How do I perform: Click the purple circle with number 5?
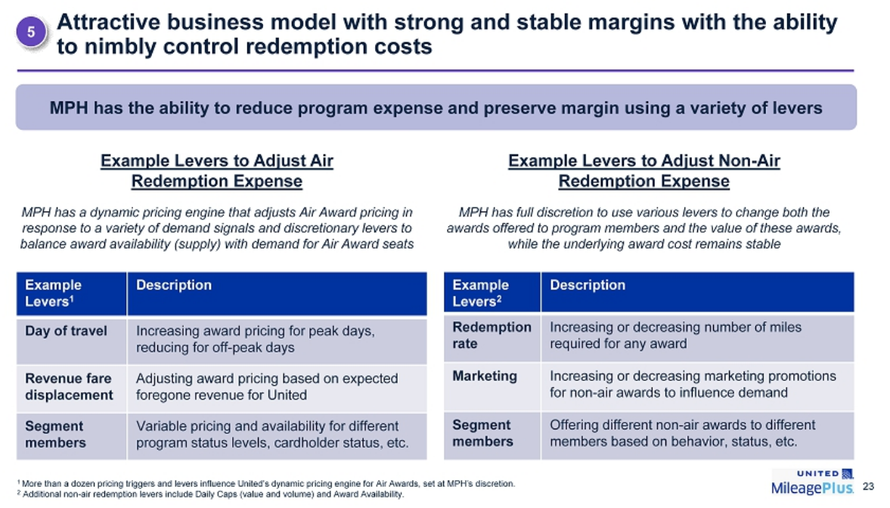coord(31,32)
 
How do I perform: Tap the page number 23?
coord(868,486)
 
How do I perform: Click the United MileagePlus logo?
coord(812,482)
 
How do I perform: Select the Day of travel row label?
coord(66,331)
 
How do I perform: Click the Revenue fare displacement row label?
coord(70,386)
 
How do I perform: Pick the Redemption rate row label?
coord(492,336)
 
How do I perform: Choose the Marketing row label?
coord(485,376)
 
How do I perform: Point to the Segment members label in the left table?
coord(56,434)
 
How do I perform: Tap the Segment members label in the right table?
coord(482,433)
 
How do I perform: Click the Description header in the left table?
coord(174,285)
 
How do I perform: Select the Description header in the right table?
coord(588,285)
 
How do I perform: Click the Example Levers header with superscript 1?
coord(54,293)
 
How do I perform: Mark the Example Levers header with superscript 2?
coord(480,293)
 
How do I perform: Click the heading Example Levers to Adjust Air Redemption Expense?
coord(217,171)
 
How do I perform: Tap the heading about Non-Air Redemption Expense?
coord(644,171)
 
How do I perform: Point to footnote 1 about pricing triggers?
coord(266,484)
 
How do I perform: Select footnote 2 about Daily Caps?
coord(210,494)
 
